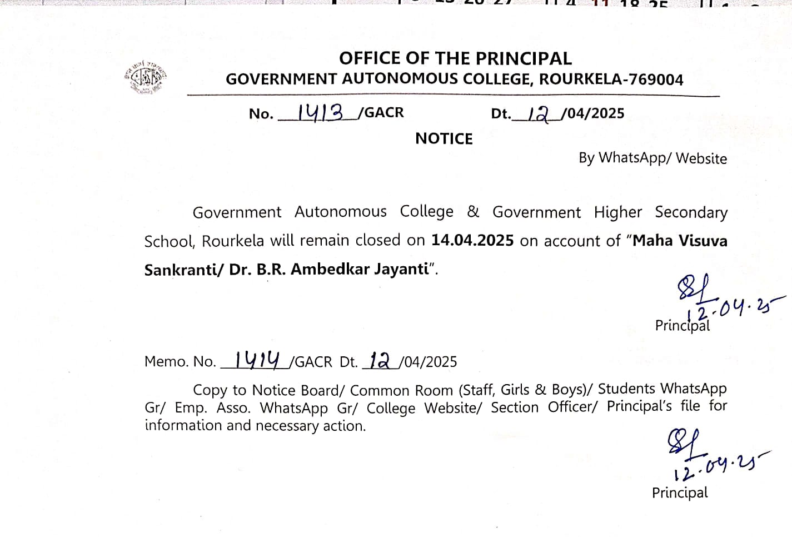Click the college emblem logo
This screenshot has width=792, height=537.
tap(146, 77)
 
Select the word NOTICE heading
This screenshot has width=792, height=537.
tap(444, 138)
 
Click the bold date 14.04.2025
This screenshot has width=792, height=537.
tap(472, 240)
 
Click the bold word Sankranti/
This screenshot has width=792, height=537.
tap(184, 270)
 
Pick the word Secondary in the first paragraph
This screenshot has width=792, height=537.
tap(691, 212)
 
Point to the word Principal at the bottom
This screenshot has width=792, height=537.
tap(680, 493)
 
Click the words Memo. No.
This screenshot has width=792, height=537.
tap(180, 361)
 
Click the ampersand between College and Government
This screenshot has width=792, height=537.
tap(473, 212)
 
